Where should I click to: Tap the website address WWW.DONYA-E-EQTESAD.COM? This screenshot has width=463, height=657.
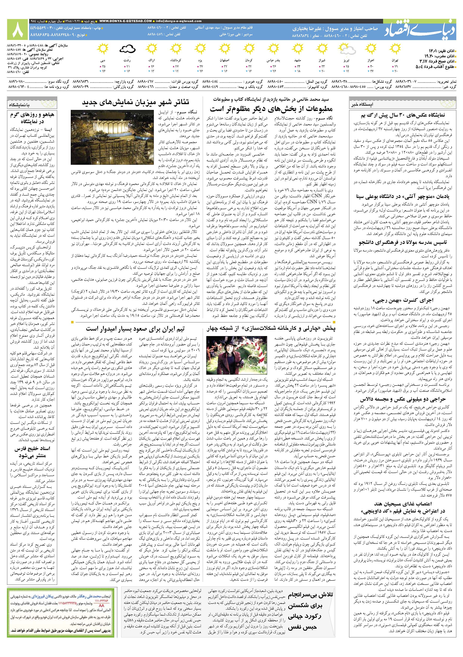point(126,21)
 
